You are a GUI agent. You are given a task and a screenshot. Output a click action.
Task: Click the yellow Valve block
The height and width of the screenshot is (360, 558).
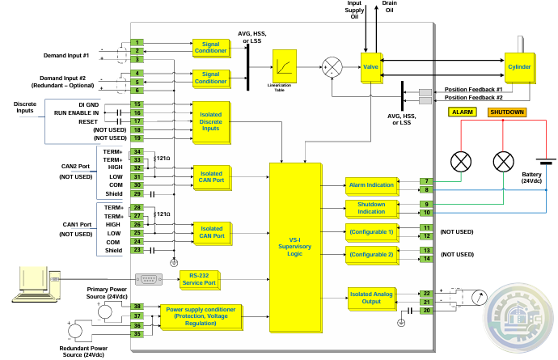coord(371,66)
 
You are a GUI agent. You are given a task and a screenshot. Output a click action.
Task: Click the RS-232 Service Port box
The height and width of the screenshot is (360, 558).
coord(199,279)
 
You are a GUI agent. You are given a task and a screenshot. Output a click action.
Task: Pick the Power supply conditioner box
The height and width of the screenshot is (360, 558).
coord(201,316)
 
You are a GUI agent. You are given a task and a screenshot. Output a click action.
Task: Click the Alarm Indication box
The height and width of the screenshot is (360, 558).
coord(371,185)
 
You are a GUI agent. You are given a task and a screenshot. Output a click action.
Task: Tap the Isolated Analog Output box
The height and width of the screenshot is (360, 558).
coord(371,299)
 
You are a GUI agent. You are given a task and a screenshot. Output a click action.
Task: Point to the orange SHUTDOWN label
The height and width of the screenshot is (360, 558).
coord(506,112)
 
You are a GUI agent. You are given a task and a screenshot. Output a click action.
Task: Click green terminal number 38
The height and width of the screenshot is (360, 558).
coord(137,307)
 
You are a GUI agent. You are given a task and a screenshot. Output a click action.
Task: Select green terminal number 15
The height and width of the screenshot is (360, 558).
coord(137,104)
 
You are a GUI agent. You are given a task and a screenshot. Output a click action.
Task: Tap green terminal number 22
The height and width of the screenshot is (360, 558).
coord(425,293)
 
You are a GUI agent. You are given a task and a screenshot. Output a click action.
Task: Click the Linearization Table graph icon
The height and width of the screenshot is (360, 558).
coord(285,66)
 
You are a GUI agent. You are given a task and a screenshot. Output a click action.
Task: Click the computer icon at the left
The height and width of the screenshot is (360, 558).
coord(30,283)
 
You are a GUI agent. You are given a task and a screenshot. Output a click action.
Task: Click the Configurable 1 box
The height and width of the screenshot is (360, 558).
coord(371,232)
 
